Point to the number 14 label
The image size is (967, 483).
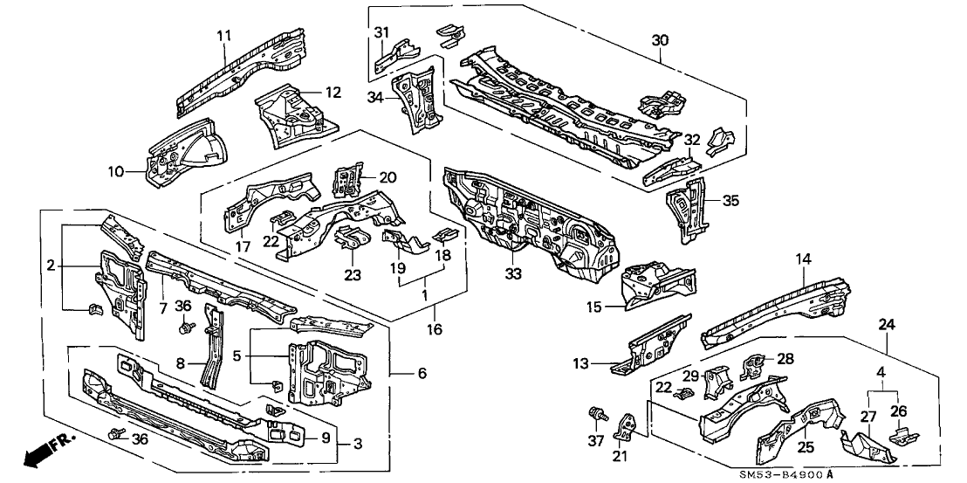click(x=803, y=258)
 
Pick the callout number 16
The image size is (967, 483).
click(x=434, y=329)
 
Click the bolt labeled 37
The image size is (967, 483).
click(x=598, y=411)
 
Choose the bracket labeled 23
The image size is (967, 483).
click(x=351, y=238)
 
